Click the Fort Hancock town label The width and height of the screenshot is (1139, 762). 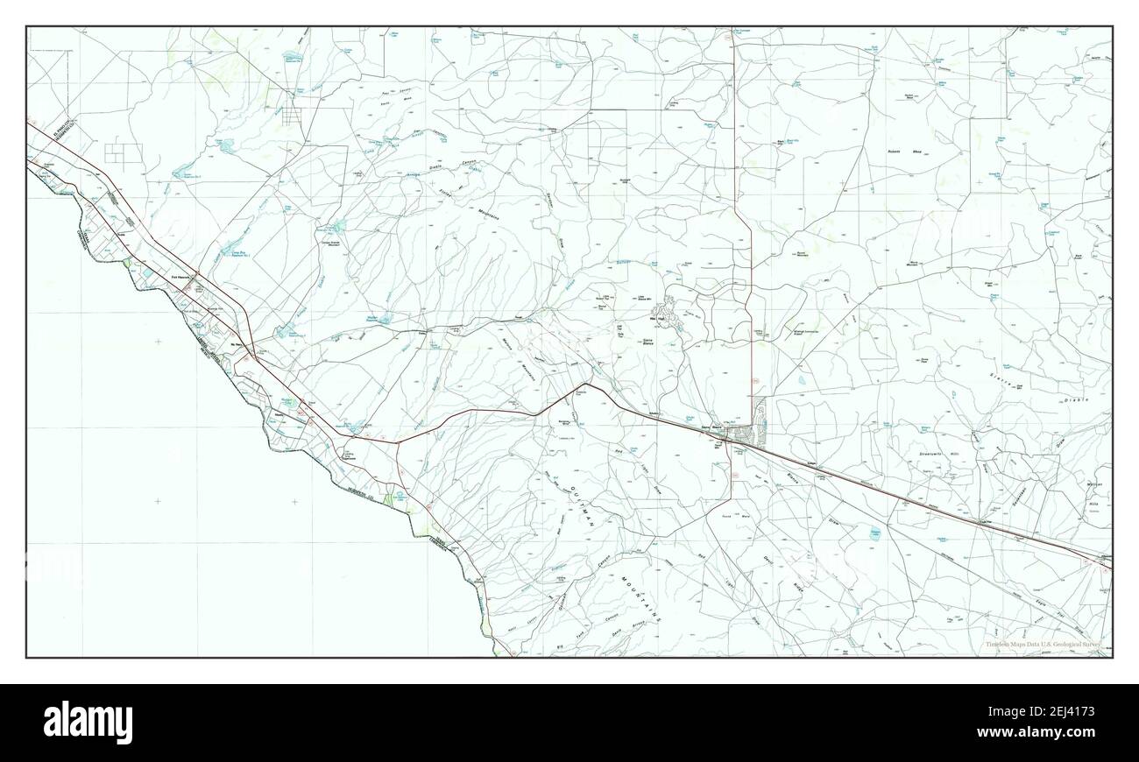[x=178, y=279]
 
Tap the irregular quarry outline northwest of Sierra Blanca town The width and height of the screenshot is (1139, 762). [x=670, y=308]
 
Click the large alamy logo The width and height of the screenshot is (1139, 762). [x=88, y=722]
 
